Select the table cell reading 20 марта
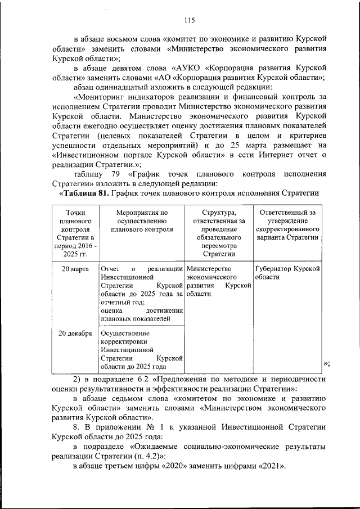point(76,269)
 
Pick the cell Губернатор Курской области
point(287,273)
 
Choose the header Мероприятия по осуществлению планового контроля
point(142,220)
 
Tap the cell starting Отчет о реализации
point(142,293)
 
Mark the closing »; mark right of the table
point(327,363)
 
